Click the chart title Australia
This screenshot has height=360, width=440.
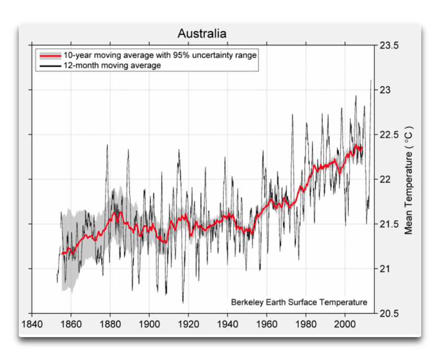coord(202,34)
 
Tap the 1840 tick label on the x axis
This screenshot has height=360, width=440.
coord(32,324)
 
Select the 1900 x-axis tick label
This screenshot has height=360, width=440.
coord(149,324)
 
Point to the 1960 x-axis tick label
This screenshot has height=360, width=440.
coord(266,324)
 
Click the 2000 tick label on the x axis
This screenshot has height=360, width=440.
coord(345,324)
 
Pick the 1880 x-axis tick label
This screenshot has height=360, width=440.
coord(110,324)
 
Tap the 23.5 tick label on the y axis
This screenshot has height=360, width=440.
coord(388,46)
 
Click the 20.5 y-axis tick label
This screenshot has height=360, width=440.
coord(388,314)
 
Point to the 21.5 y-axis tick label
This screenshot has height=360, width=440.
coord(388,224)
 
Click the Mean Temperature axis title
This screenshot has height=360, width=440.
coord(409,180)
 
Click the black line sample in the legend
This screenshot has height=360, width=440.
coord(50,66)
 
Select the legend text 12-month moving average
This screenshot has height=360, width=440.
coord(112,66)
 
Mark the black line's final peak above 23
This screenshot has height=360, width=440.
coord(371,80)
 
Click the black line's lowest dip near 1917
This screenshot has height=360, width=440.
coord(183,302)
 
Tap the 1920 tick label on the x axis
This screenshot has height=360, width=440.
coord(188,324)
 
